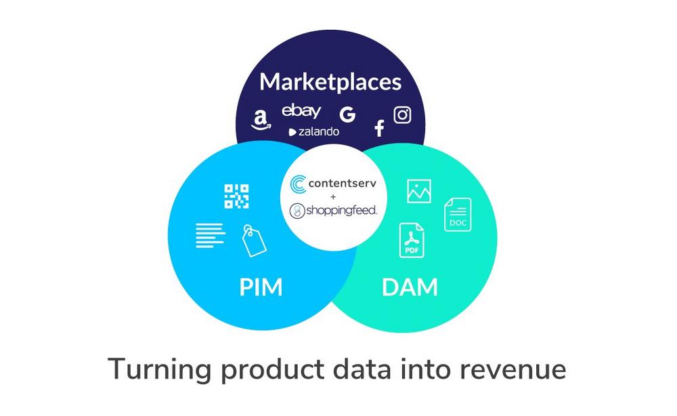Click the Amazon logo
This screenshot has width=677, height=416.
pos(261,120)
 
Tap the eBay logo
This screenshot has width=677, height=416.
pos(301,111)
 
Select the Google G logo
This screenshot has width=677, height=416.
pos(347,115)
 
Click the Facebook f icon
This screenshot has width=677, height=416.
pos(380,128)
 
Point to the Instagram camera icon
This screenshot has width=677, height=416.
pos(402,115)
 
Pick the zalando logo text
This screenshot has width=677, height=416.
pos(314,131)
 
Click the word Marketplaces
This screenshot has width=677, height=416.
pos(330,82)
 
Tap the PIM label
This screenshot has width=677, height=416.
pos(261,287)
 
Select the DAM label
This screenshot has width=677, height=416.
pos(410,287)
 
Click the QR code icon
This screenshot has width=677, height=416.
pos(236,196)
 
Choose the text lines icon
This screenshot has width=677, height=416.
pos(211,235)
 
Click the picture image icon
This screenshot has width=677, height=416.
pos(419,191)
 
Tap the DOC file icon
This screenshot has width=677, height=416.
pos(458,214)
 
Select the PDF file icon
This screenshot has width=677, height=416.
pos(412,241)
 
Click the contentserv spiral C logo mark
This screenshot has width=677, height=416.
pos(299,184)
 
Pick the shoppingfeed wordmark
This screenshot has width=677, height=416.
pos(341,211)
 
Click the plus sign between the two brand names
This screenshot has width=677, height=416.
pos(333,197)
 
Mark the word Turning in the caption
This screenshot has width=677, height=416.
pos(159,370)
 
